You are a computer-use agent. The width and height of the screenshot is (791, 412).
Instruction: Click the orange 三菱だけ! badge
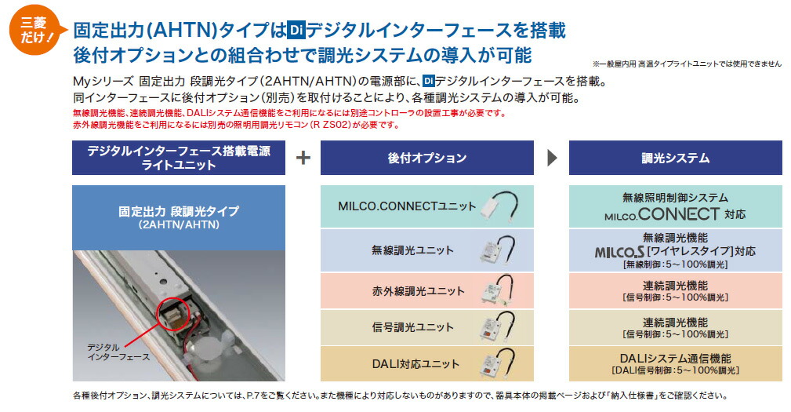coord(35,30)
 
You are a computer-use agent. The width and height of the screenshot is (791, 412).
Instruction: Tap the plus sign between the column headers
coord(303,158)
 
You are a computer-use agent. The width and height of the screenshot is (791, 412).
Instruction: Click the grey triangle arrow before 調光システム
coord(552,158)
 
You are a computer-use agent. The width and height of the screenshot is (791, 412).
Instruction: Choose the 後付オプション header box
coord(426,158)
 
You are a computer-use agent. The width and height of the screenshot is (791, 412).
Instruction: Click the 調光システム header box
coord(675,158)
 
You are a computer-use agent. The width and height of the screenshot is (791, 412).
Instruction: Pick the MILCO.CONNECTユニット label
coord(407,206)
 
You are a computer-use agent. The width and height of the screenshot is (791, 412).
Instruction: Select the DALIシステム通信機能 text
coord(675,359)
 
